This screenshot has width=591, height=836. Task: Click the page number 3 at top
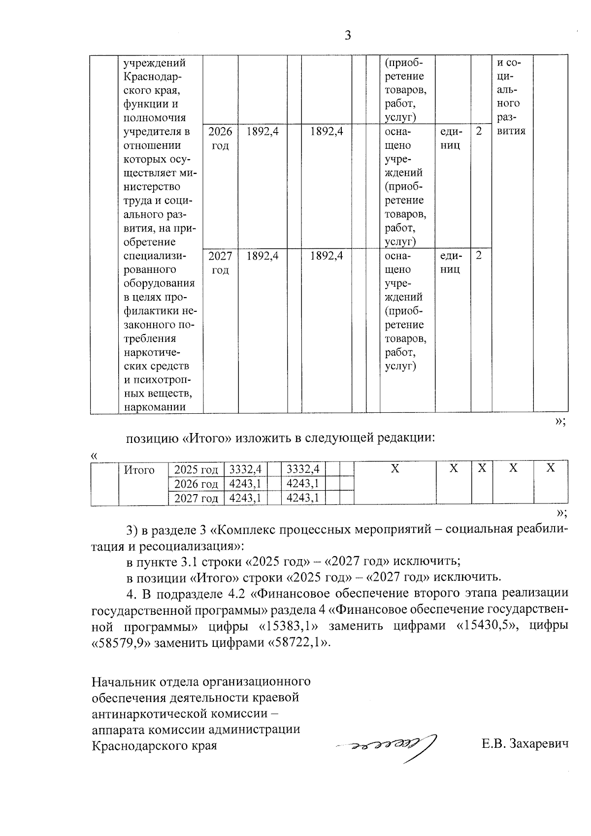347,36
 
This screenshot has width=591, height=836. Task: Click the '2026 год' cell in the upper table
220,138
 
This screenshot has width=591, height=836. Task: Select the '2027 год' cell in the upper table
220,263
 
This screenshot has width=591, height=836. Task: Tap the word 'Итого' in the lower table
139,470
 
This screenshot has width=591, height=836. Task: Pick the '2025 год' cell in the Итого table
196,468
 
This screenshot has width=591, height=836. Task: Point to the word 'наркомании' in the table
155,407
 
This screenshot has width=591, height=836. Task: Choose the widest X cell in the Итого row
394,468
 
